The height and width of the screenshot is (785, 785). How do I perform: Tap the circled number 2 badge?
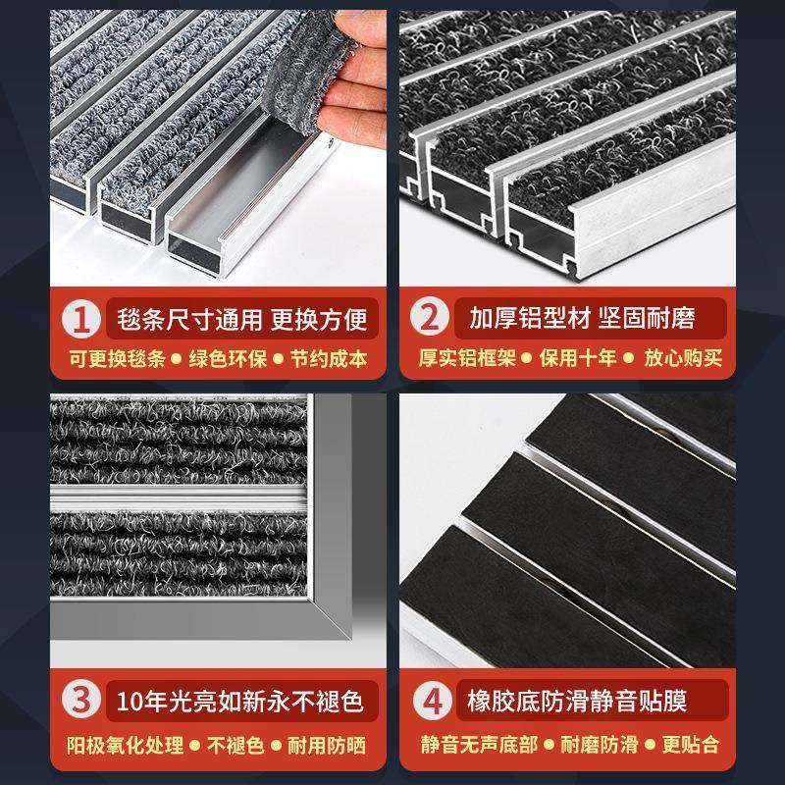point(428,319)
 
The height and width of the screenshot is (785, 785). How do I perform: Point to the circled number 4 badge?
point(428,702)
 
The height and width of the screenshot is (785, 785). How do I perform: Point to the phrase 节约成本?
point(329,359)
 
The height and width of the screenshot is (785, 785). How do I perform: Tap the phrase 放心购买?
point(683,359)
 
